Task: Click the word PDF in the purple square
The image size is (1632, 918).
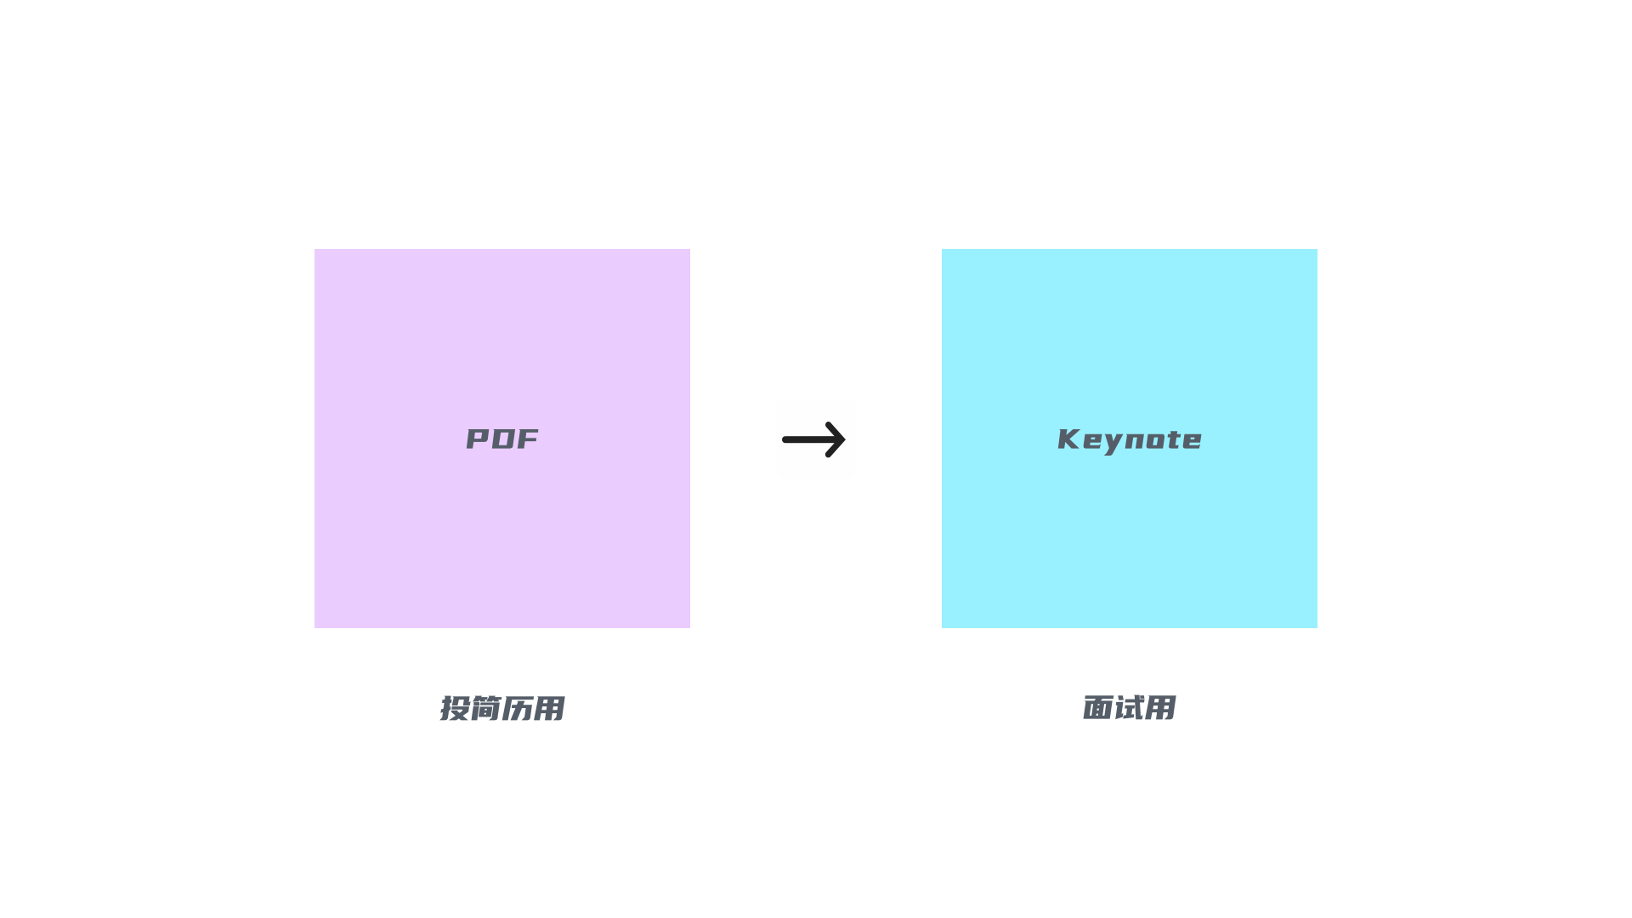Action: [x=502, y=439]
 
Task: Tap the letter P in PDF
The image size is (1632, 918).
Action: [x=479, y=439]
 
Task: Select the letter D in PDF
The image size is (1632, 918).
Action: [x=503, y=439]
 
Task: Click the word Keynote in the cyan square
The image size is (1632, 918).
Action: [x=1130, y=439]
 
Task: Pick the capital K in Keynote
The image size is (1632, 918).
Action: [x=1068, y=439]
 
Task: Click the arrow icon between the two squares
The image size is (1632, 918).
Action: [x=815, y=439]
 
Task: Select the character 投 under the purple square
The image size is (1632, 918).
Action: [x=455, y=708]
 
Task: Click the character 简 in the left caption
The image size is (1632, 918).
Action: [x=485, y=708]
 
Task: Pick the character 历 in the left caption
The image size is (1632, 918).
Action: [x=517, y=708]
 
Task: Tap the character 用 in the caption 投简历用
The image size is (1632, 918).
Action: [x=548, y=708]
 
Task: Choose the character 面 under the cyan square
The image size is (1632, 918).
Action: [x=1098, y=707]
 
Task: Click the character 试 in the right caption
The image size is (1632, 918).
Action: [x=1130, y=707]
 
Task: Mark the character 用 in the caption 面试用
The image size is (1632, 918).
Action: [x=1160, y=707]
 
